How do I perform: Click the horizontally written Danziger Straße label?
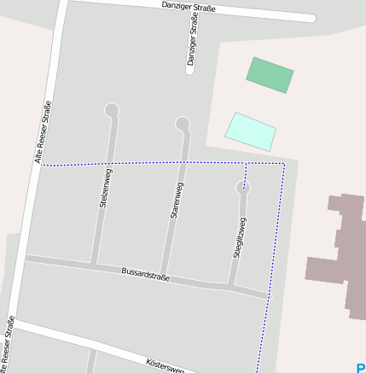click(x=189, y=7)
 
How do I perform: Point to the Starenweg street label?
click(x=176, y=201)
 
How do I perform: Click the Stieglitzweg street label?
click(x=240, y=238)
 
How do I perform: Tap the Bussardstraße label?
click(x=146, y=274)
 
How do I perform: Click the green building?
click(x=270, y=75)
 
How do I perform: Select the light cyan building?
click(x=250, y=131)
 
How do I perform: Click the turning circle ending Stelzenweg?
click(x=112, y=110)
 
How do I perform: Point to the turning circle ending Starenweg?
click(x=183, y=125)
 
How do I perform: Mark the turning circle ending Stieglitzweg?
click(x=244, y=187)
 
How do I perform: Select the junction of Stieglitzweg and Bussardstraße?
click(x=231, y=286)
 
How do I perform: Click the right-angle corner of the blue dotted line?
click(x=283, y=163)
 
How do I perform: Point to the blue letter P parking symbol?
click(x=360, y=368)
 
